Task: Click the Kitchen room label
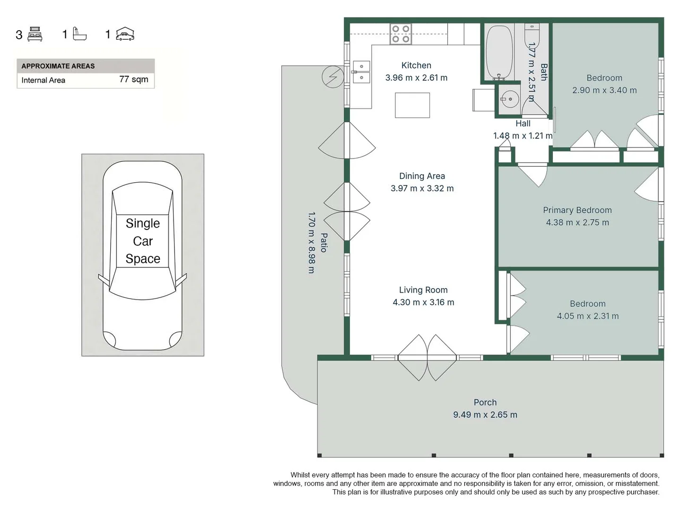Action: tap(416, 65)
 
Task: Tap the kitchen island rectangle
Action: tap(412, 105)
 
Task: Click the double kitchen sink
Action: tap(362, 72)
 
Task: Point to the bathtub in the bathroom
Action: tap(499, 52)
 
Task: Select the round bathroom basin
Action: tap(510, 99)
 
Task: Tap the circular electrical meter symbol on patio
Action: tap(333, 77)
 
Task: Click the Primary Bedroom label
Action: tap(577, 210)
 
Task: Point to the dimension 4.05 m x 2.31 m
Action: tap(587, 316)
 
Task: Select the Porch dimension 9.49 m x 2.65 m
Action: tap(485, 415)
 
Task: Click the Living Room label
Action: tap(423, 290)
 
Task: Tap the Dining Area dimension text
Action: tap(422, 188)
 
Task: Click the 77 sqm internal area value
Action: tap(133, 79)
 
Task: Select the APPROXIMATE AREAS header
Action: tap(58, 66)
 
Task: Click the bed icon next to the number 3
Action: tap(35, 34)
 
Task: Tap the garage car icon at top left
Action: tap(125, 34)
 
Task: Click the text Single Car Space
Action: tap(143, 241)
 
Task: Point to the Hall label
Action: tap(523, 123)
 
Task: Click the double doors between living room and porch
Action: tap(427, 358)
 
